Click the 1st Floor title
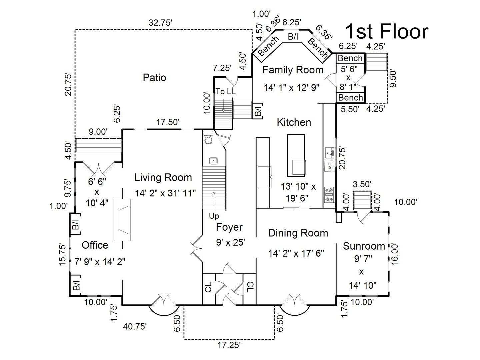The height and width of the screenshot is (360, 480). click(386, 32)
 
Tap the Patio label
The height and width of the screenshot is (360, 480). click(154, 78)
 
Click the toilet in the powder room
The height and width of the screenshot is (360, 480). click(209, 138)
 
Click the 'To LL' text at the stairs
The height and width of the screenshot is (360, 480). click(225, 92)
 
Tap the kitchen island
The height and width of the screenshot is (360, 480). click(296, 155)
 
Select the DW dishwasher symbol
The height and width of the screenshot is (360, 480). click(329, 166)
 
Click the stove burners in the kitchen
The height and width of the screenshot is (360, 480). click(329, 195)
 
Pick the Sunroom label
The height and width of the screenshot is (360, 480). click(364, 246)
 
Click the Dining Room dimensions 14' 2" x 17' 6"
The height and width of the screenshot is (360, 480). click(296, 254)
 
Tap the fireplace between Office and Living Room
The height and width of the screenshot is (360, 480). click(123, 220)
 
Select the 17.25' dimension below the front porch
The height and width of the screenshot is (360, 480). click(229, 345)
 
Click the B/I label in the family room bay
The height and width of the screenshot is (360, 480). click(293, 37)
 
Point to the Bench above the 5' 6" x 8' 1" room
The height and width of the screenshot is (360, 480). click(350, 58)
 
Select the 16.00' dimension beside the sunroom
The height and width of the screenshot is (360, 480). click(395, 254)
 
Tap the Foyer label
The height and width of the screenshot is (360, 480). click(229, 227)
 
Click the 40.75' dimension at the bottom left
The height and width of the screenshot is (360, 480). click(135, 326)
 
